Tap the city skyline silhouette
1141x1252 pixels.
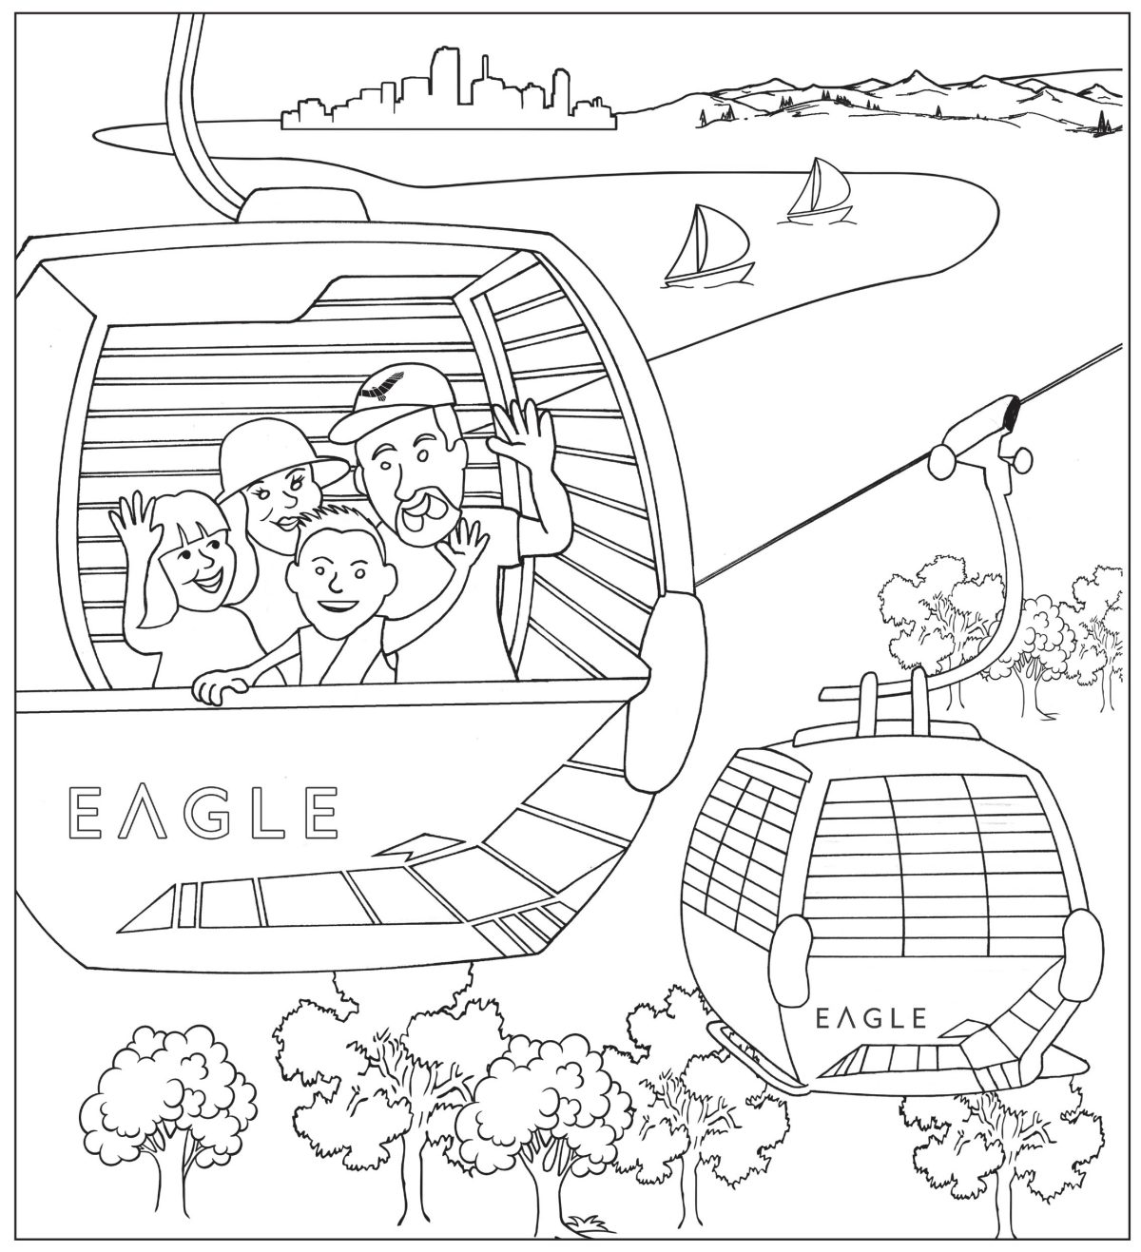tap(447, 95)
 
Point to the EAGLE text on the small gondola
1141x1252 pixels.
tap(871, 1018)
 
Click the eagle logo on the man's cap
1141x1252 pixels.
tap(384, 388)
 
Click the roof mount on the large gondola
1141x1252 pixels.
tap(302, 202)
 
